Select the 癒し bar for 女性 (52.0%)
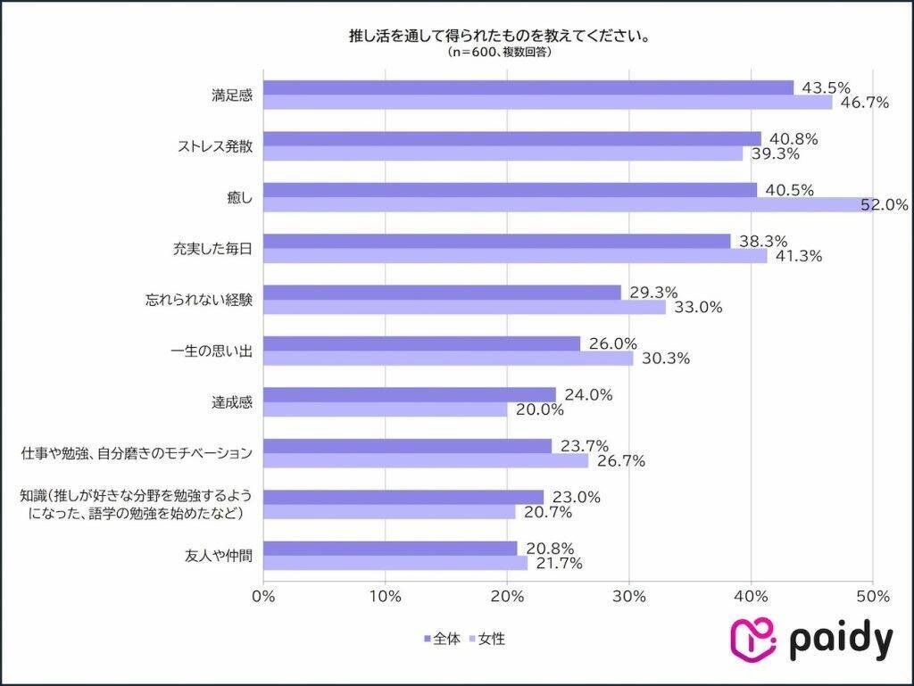(x=568, y=204)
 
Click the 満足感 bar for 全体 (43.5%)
(x=528, y=87)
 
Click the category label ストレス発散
(x=213, y=146)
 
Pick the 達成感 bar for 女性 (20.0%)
(x=386, y=409)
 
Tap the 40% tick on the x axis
(x=752, y=596)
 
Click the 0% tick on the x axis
(x=264, y=596)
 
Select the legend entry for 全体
(x=442, y=639)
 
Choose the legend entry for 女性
(x=487, y=639)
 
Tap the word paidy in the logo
(x=840, y=640)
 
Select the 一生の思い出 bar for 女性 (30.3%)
(x=448, y=359)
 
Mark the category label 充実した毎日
(x=212, y=249)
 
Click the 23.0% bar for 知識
(x=403, y=497)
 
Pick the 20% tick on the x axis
(x=507, y=596)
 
